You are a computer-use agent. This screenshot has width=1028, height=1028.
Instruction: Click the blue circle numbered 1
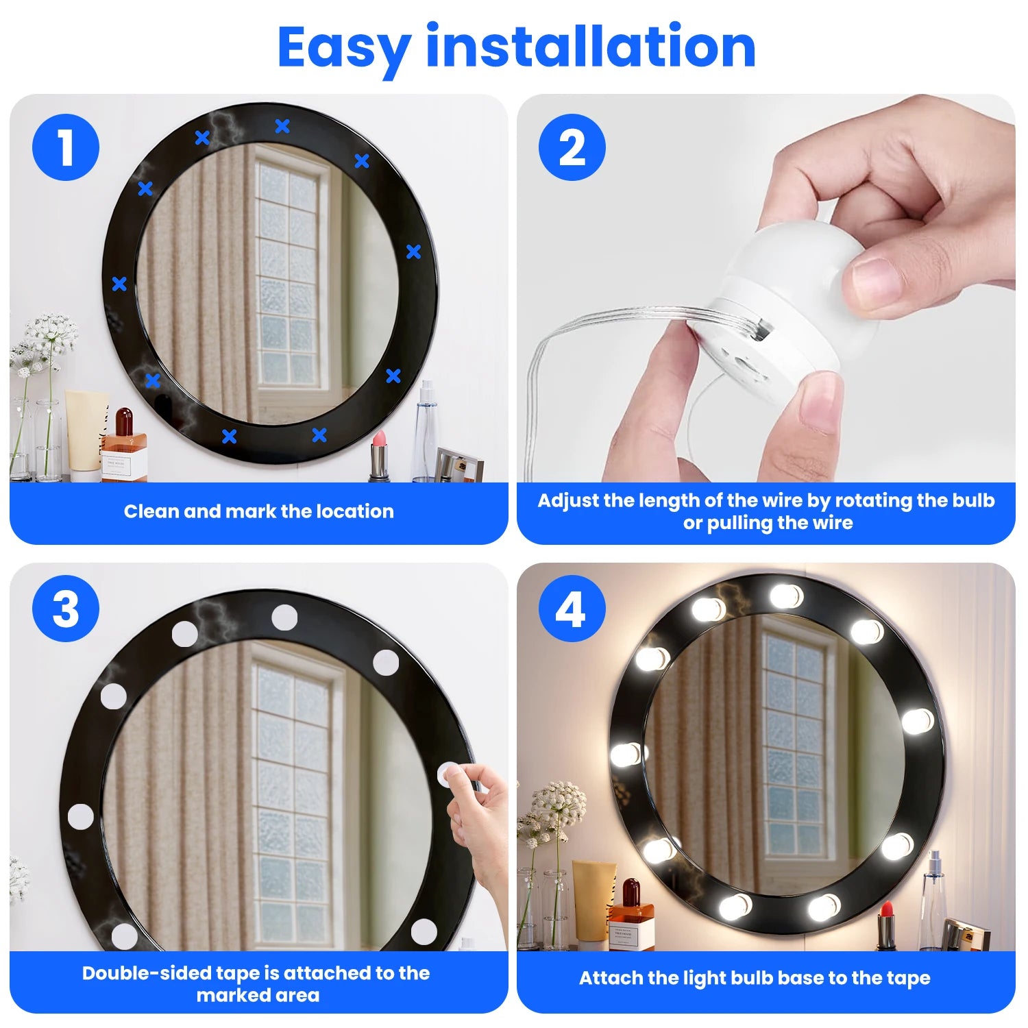click(x=66, y=147)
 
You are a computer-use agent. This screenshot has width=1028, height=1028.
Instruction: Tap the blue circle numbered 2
click(x=572, y=147)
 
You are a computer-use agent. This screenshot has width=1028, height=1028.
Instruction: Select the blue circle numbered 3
click(x=66, y=609)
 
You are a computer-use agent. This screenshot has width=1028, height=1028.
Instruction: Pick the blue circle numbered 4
click(x=572, y=609)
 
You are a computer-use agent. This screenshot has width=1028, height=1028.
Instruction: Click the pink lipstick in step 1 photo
click(x=378, y=456)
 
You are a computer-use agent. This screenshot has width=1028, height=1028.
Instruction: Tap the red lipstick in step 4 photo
click(x=886, y=925)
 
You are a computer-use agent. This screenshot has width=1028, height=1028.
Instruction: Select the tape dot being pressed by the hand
click(x=449, y=774)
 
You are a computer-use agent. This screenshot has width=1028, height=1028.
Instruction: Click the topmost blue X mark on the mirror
click(x=282, y=126)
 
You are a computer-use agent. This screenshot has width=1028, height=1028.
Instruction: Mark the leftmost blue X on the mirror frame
click(x=119, y=284)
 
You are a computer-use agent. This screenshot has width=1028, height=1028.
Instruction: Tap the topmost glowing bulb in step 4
click(x=785, y=596)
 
